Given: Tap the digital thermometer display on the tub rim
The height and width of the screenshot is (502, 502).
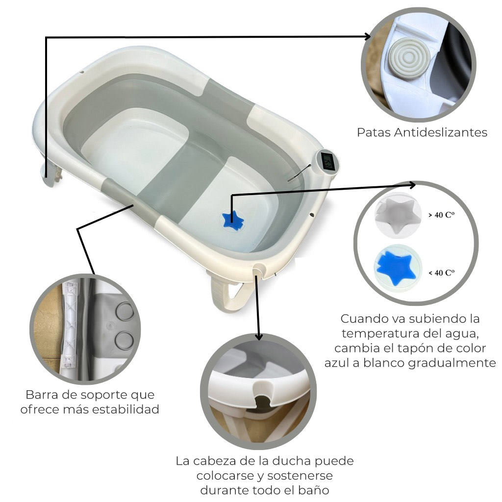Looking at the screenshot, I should [327, 161].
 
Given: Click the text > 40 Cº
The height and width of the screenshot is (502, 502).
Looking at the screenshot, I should [441, 215].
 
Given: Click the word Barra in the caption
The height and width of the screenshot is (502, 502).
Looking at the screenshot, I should [41, 395].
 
